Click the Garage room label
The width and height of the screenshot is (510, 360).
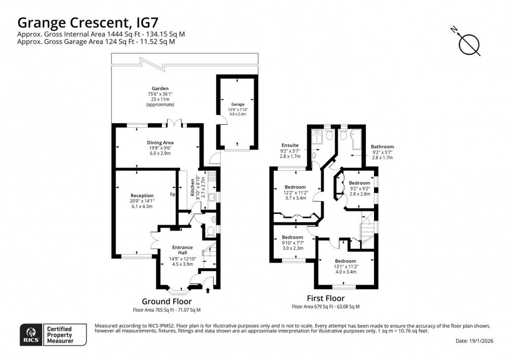click(238, 105)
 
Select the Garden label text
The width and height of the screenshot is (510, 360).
click(160, 88)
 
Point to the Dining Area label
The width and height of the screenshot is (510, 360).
click(160, 143)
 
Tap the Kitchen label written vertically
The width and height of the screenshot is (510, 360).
click(203, 188)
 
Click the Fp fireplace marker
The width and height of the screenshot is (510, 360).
click(172, 195)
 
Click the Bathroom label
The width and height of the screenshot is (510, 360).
click(382, 147)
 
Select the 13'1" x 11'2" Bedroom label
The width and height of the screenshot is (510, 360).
click(345, 261)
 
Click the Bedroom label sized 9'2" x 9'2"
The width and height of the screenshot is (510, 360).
click(359, 183)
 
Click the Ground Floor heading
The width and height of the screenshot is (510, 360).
click(167, 302)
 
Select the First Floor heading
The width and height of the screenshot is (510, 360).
click(326, 299)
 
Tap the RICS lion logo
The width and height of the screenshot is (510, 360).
click(29, 334)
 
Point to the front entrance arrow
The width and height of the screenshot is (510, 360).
click(209, 282)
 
